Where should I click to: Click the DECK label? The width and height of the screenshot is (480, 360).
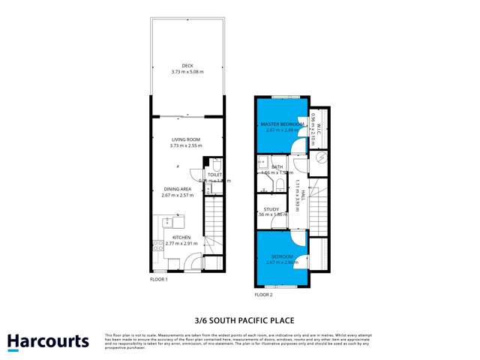click(187, 65)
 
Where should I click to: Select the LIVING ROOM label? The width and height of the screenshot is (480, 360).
click(186, 139)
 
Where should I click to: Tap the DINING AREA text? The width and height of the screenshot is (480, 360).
click(177, 189)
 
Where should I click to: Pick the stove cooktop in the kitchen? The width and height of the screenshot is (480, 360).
click(158, 245)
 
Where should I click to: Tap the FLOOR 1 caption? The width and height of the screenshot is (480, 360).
click(158, 280)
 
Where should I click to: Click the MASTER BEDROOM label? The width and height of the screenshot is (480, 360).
click(281, 124)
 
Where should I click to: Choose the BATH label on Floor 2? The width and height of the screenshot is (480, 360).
click(277, 166)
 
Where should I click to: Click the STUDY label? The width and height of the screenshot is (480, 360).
click(271, 209)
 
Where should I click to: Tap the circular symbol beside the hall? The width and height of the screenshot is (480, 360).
click(320, 158)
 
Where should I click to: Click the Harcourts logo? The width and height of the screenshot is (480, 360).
click(48, 342)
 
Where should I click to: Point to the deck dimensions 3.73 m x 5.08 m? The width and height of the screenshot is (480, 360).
click(187, 72)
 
